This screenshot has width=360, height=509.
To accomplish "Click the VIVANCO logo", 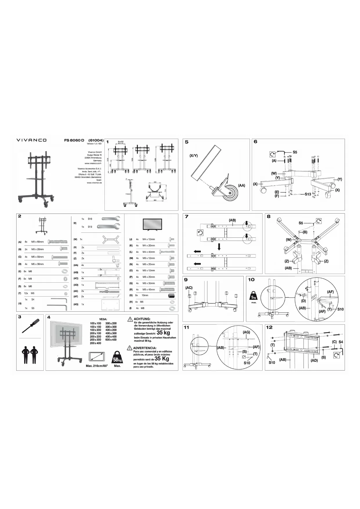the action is pos(31,140).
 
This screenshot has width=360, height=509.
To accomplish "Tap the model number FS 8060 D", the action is pos(74,140).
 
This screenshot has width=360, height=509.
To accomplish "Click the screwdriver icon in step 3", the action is pos(30,326).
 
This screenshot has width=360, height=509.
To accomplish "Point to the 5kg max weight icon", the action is pos(253,296).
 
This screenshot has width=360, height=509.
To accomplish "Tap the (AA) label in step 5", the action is pos(242,185).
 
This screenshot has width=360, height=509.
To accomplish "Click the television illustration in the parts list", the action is pos(153,225).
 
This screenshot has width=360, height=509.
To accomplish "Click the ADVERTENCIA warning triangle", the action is pos(129,348).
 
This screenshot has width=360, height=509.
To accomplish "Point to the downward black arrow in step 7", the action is pos(219,247).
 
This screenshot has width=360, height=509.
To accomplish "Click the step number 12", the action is pos(269,327).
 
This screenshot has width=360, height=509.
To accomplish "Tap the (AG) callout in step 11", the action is pos(246,332).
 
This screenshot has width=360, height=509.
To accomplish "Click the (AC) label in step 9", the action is pos(189,288).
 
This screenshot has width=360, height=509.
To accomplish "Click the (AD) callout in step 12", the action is pos(314,361).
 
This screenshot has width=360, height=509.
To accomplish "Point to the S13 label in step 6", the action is pos(308,194).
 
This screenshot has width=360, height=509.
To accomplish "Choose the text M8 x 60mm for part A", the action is pos(37,242).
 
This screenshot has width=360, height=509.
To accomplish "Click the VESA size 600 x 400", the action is pos(111,340).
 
